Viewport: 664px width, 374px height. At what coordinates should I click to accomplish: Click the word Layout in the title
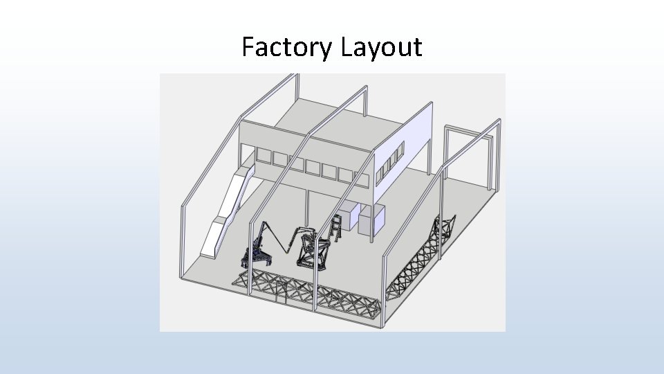(381, 48)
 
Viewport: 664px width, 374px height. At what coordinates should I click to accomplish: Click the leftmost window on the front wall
(263, 156)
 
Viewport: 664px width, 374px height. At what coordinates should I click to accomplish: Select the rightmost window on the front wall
(362, 179)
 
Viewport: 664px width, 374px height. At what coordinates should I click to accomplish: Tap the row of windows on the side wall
(390, 161)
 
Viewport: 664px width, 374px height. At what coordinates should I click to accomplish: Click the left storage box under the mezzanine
(349, 216)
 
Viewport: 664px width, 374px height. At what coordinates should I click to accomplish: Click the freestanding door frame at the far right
(471, 156)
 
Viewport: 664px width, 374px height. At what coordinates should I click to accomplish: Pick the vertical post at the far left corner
(184, 242)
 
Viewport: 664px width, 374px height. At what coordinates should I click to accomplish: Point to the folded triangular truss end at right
(446, 229)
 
